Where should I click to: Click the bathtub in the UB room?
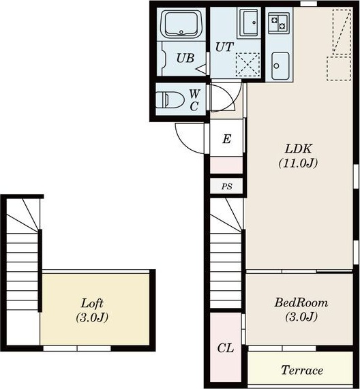point(181,24)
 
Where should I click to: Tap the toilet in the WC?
point(170,100)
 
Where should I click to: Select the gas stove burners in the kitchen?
point(278,22)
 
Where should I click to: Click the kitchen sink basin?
point(280,66)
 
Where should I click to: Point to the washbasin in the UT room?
point(249,22)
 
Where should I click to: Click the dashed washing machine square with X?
point(247,65)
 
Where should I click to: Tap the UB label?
point(185,58)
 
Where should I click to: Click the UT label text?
point(224,47)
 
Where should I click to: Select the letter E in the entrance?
point(226,139)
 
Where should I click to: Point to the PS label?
point(226,186)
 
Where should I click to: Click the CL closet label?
point(226,348)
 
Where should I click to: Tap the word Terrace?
point(302,370)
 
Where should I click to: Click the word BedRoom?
point(301,302)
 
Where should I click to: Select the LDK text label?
point(298,149)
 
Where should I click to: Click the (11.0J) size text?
point(298,164)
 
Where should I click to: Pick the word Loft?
point(92,303)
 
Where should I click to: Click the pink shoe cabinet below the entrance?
point(226,165)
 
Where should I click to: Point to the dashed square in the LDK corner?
point(339,69)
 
